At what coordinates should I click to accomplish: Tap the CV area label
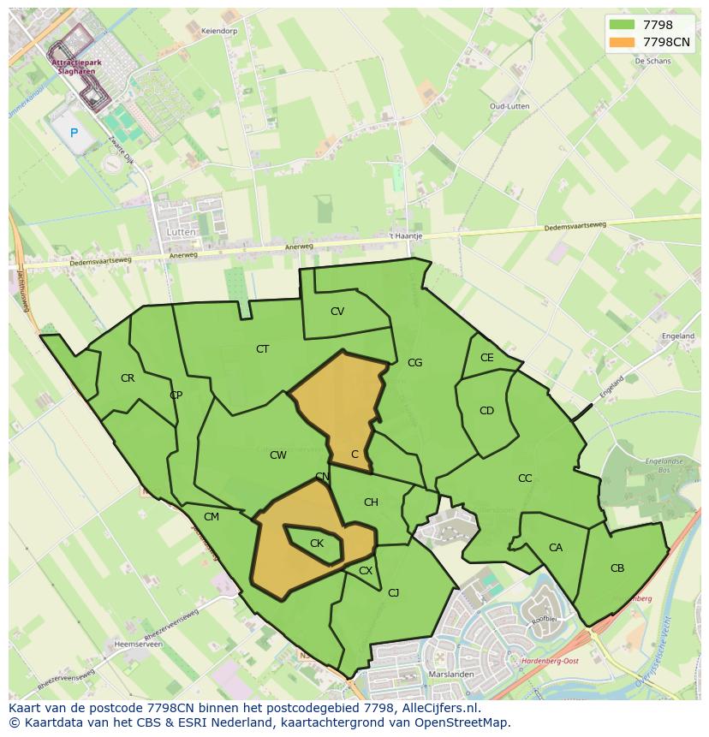pos(337,312)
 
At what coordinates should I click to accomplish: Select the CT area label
pos(263,349)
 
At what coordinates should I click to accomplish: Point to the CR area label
pos(128,378)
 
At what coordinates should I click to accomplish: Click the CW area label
pos(278,455)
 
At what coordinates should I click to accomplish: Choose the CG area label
pos(415,363)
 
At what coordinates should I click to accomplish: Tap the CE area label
pos(487,359)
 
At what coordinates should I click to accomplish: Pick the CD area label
pos(486,411)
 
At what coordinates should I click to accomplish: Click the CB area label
pos(617,568)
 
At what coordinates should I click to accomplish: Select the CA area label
pos(556,548)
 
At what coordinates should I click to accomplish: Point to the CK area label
pos(317,544)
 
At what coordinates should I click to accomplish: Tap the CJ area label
pos(394,592)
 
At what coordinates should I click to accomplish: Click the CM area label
pos(212,516)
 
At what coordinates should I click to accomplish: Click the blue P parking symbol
pos(74,133)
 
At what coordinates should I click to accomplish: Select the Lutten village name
pos(182,232)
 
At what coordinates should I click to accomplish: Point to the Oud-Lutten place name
pos(509,106)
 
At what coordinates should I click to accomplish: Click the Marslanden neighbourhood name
pos(440,673)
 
